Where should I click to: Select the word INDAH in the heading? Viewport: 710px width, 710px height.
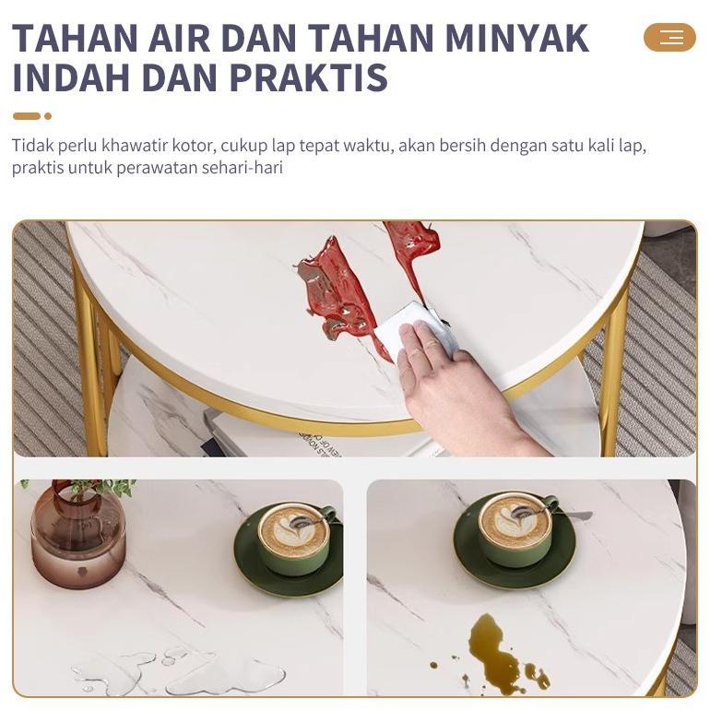point(62,78)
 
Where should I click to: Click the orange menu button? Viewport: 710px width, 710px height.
point(669,37)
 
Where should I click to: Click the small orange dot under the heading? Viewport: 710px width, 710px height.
point(48,116)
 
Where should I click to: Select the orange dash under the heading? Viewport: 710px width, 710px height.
point(27,116)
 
